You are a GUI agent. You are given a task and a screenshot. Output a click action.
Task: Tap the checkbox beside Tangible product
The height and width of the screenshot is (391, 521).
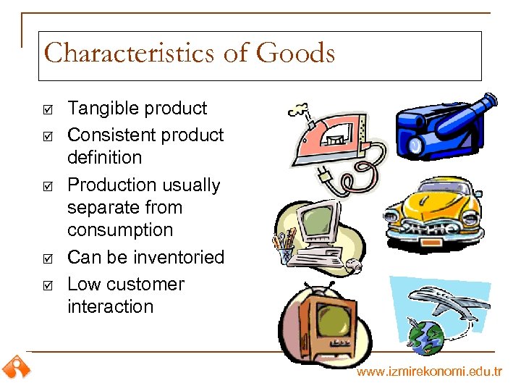click(x=47, y=109)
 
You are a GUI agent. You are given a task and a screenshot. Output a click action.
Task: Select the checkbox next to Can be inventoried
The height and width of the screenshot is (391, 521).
click(x=47, y=258)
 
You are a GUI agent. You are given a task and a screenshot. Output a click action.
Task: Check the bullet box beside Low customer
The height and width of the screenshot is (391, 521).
click(x=47, y=285)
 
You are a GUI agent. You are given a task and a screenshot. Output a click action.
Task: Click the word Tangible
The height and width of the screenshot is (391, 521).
click(x=101, y=109)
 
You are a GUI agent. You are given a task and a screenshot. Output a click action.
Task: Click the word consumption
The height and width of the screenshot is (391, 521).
click(x=120, y=230)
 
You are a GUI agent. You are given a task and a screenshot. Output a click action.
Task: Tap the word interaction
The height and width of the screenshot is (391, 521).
click(x=110, y=307)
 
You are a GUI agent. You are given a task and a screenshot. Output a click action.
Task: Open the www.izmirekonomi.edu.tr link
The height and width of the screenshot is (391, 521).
click(x=428, y=371)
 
